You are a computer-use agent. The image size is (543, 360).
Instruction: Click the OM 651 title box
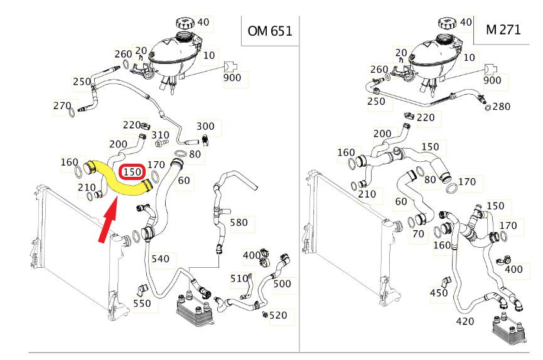pyautogui.click(x=269, y=31)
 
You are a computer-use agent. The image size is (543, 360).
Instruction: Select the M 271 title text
pyautogui.click(x=503, y=29)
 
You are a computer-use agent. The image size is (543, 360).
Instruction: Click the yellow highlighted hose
pyautogui.click(x=119, y=180)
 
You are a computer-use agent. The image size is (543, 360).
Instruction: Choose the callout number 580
pyautogui.click(x=238, y=223)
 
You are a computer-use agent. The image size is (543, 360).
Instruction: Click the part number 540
pyautogui.click(x=160, y=258)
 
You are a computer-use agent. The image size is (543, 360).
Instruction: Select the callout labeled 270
pyautogui.click(x=62, y=106)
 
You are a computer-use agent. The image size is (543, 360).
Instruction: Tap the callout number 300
pyautogui.click(x=205, y=126)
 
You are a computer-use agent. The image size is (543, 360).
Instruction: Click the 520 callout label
pyautogui.click(x=277, y=315)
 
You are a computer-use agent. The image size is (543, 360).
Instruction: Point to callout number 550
pyautogui.click(x=142, y=304)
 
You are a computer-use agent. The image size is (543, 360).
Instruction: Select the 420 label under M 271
pyautogui.click(x=465, y=322)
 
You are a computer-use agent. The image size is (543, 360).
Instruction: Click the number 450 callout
pyautogui.click(x=439, y=293)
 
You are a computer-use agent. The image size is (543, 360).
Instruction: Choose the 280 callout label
pyautogui.click(x=501, y=107)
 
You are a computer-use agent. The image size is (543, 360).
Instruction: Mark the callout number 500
pyautogui.click(x=282, y=283)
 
